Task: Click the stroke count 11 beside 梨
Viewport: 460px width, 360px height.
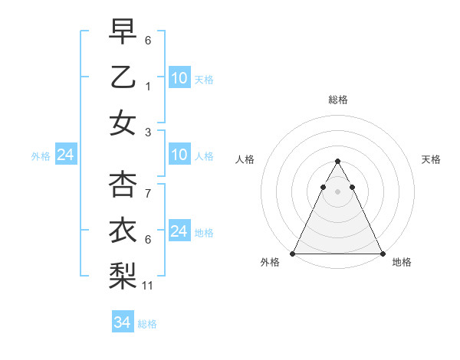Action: tap(149, 286)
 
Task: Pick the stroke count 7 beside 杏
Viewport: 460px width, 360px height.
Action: tap(148, 193)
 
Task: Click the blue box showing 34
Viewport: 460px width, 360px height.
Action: tap(123, 323)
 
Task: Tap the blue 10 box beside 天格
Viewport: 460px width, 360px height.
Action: tap(179, 78)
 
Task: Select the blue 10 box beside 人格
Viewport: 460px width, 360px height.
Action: tap(179, 155)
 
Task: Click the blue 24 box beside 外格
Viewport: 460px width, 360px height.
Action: tap(65, 155)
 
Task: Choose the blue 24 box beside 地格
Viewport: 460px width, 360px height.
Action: tap(179, 231)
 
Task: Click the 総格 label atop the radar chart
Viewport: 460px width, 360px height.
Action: tap(338, 100)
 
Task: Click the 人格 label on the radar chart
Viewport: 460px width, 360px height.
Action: tap(245, 159)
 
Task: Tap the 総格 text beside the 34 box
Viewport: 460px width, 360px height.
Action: tap(147, 324)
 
